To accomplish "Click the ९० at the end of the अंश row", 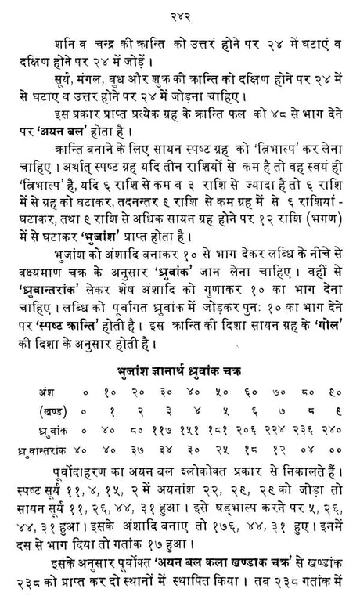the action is coord(331,390).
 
